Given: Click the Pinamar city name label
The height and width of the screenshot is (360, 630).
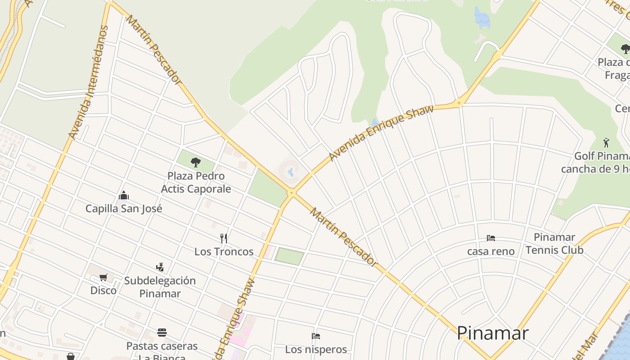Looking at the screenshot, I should (492, 333).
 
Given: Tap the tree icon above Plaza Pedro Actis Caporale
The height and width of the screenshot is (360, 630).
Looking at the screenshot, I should (195, 162).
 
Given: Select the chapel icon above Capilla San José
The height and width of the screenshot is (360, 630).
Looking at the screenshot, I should (123, 195).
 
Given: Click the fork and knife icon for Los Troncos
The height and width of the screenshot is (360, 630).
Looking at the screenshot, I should (224, 238).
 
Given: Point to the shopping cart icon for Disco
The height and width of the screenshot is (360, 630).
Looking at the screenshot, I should (103, 277).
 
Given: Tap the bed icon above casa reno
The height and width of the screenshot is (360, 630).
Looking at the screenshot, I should (490, 238).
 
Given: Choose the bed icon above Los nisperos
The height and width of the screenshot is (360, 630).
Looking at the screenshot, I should (316, 336).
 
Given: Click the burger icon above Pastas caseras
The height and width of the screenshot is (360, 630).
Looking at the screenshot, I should (162, 333).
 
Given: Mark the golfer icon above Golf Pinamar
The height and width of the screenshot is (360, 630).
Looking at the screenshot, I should (607, 143).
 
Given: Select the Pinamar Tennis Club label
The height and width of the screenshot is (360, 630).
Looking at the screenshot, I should (554, 243).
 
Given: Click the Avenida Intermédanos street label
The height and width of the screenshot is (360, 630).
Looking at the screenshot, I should (89, 82).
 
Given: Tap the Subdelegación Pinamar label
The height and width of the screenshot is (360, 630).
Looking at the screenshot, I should (160, 287).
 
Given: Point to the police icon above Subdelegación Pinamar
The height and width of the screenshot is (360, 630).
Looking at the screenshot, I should (160, 267).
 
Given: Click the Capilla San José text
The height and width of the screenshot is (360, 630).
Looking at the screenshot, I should (124, 208).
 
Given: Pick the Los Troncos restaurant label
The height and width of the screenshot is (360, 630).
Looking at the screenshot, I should (224, 252).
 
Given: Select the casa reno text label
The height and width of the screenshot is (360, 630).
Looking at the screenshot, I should (490, 251).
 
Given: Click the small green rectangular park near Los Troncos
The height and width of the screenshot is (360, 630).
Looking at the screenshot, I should (289, 256).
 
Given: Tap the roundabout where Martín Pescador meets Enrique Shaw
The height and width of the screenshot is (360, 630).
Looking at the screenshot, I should (292, 193).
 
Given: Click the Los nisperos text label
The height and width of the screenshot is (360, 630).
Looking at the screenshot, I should (316, 349).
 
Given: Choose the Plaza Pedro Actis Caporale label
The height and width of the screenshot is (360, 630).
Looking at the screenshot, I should (196, 182).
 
